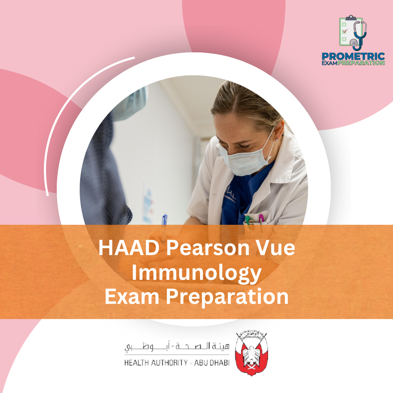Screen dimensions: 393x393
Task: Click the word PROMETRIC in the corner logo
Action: click(353, 56)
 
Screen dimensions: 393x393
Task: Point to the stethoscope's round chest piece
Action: click(354, 43)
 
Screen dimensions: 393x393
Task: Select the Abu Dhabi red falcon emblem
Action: click(251, 353)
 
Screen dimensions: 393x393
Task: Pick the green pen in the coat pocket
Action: click(247, 221)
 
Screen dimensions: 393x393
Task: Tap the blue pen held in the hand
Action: click(164, 220)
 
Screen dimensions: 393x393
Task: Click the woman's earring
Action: click(276, 139)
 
